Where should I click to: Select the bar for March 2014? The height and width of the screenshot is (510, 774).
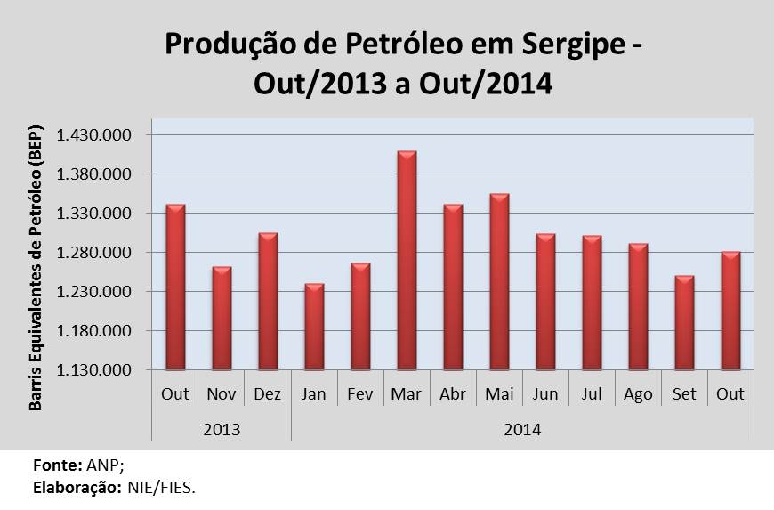coord(407,261)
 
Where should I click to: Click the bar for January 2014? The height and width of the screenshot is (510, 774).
coord(314,327)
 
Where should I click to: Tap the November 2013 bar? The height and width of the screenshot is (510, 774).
coord(222,318)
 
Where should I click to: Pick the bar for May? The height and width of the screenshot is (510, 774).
coord(499,281)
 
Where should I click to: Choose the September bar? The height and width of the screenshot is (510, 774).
coord(684,322)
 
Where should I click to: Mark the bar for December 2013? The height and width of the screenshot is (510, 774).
coord(268,301)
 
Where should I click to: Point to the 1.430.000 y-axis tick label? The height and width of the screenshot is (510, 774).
coord(93,135)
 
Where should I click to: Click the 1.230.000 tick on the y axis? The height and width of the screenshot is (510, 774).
coord(93,292)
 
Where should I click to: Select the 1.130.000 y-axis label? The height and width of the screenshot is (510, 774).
coord(93,370)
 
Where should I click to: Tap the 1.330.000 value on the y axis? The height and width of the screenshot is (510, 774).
coord(93,214)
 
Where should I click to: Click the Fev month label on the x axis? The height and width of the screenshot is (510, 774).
coord(360,394)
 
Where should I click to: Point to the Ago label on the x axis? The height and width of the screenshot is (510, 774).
coord(638,394)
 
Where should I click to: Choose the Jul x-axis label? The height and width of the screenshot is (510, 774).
coord(592,394)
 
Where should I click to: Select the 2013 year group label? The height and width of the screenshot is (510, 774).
coord(222,428)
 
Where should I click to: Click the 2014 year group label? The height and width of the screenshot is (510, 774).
coord(523,428)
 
